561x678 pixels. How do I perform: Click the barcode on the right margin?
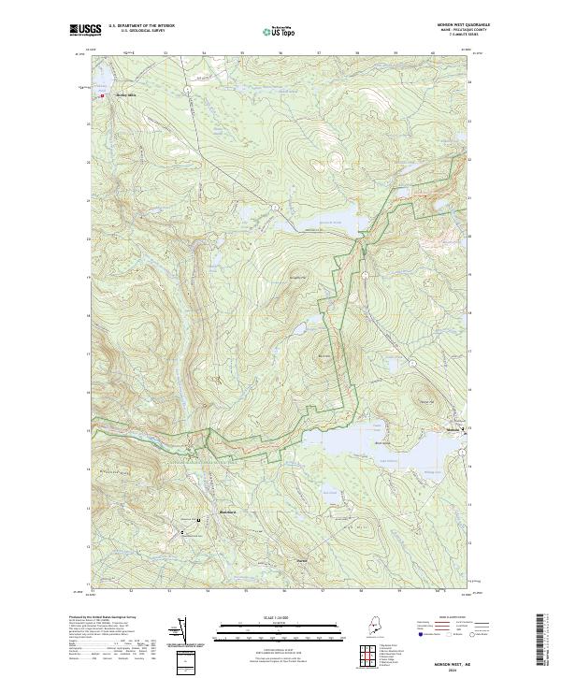click(x=541, y=641)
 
